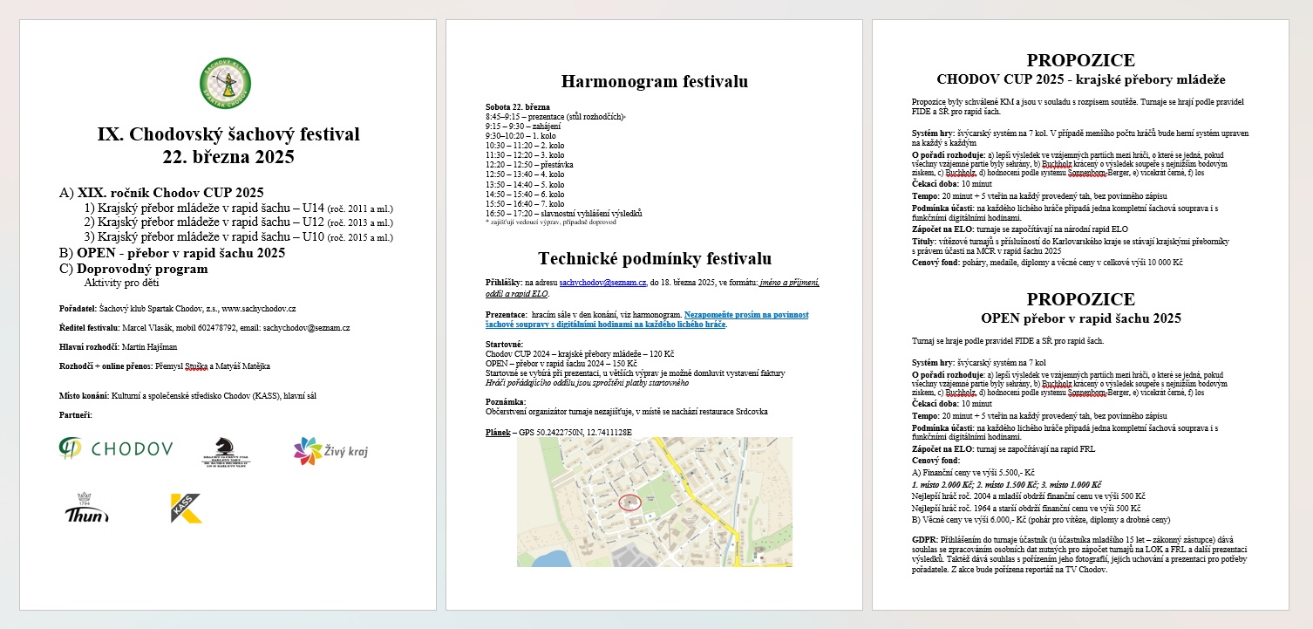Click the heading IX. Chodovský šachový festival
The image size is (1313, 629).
[x=228, y=134]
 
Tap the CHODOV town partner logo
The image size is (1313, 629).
[x=116, y=449]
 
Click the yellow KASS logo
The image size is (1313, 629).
[x=186, y=508]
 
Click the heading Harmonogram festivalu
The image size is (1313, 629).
[x=654, y=82]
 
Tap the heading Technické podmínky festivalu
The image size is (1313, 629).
[x=654, y=258]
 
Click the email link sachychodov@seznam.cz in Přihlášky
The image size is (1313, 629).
[x=602, y=283]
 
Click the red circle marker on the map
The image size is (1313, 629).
[x=629, y=502]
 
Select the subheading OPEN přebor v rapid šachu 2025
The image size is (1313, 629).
[x=1080, y=318]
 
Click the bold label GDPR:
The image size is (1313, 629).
[x=924, y=540]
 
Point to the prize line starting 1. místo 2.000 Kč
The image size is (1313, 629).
[x=1006, y=484]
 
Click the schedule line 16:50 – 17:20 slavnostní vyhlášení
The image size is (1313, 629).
[x=563, y=213]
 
